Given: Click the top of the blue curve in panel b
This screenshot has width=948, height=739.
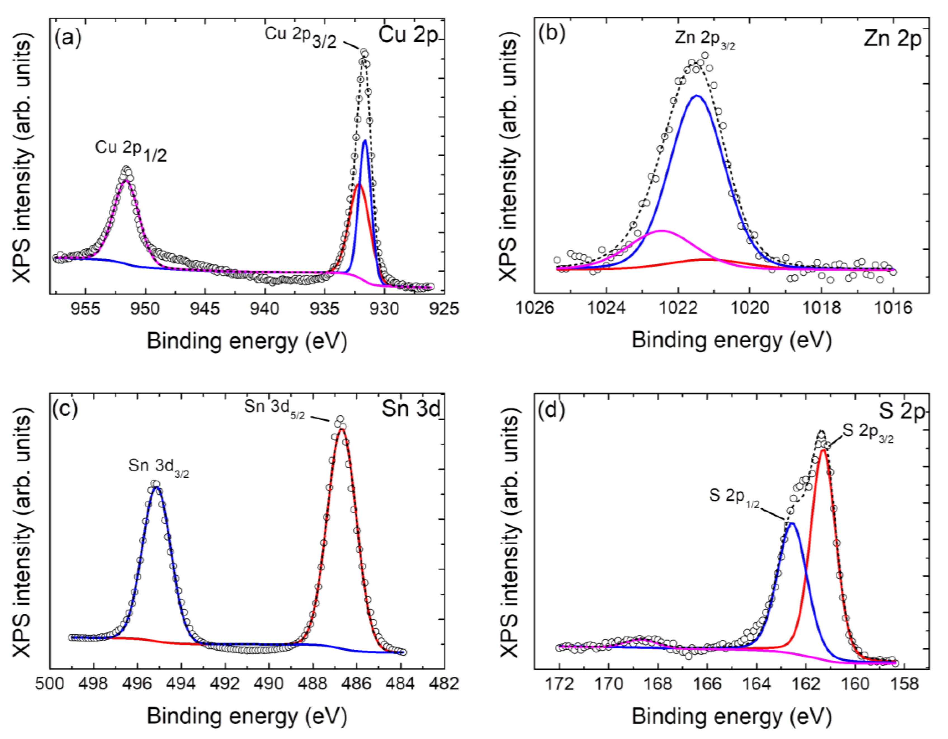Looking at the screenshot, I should [697, 95].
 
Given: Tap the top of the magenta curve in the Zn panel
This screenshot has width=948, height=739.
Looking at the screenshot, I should [661, 231].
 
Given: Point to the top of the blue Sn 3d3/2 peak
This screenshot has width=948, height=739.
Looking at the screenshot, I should [156, 488].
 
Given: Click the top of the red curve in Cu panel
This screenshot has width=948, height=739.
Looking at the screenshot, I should [358, 184].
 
